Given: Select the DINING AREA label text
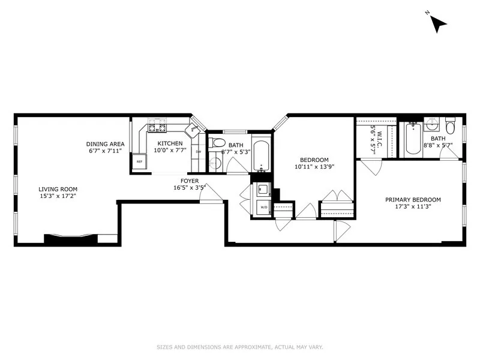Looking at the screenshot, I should point(105,143).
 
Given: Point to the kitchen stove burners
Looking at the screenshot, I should point(157,126).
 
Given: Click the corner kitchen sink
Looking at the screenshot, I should point(194,128).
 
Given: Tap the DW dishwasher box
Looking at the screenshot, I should point(199,152).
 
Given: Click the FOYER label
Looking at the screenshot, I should point(190,180).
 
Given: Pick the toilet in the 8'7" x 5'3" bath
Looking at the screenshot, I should point(219,143).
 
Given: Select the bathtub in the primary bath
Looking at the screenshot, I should point(412,139).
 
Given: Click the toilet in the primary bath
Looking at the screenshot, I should point(450,127).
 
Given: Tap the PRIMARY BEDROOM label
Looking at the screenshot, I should point(413,200).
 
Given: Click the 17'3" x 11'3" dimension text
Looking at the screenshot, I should point(413,206).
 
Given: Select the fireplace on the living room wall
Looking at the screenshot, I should point(70,238).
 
